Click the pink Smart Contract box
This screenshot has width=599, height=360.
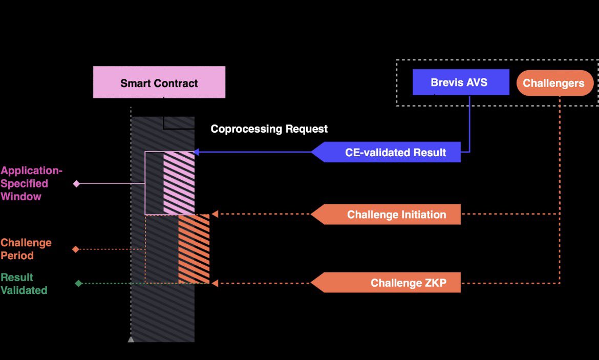[159, 82]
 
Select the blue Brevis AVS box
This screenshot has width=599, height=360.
[461, 82]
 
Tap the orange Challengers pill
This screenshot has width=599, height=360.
[555, 83]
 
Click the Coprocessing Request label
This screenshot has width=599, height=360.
[269, 129]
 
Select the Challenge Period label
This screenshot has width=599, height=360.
[26, 249]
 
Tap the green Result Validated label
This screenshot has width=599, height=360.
[24, 284]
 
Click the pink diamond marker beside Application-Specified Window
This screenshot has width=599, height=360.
[76, 183]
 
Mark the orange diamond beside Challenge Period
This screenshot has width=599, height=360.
[75, 249]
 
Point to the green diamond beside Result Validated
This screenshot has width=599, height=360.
[78, 283]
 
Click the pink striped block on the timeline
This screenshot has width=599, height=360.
[179, 183]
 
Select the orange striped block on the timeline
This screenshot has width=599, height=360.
[194, 249]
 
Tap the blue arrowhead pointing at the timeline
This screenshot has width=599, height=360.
[196, 152]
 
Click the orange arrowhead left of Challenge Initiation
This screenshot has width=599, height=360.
[215, 214]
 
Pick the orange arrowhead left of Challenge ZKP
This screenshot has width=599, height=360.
[215, 283]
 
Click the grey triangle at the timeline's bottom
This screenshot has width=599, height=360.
[131, 338]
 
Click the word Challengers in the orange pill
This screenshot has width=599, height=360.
[553, 83]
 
